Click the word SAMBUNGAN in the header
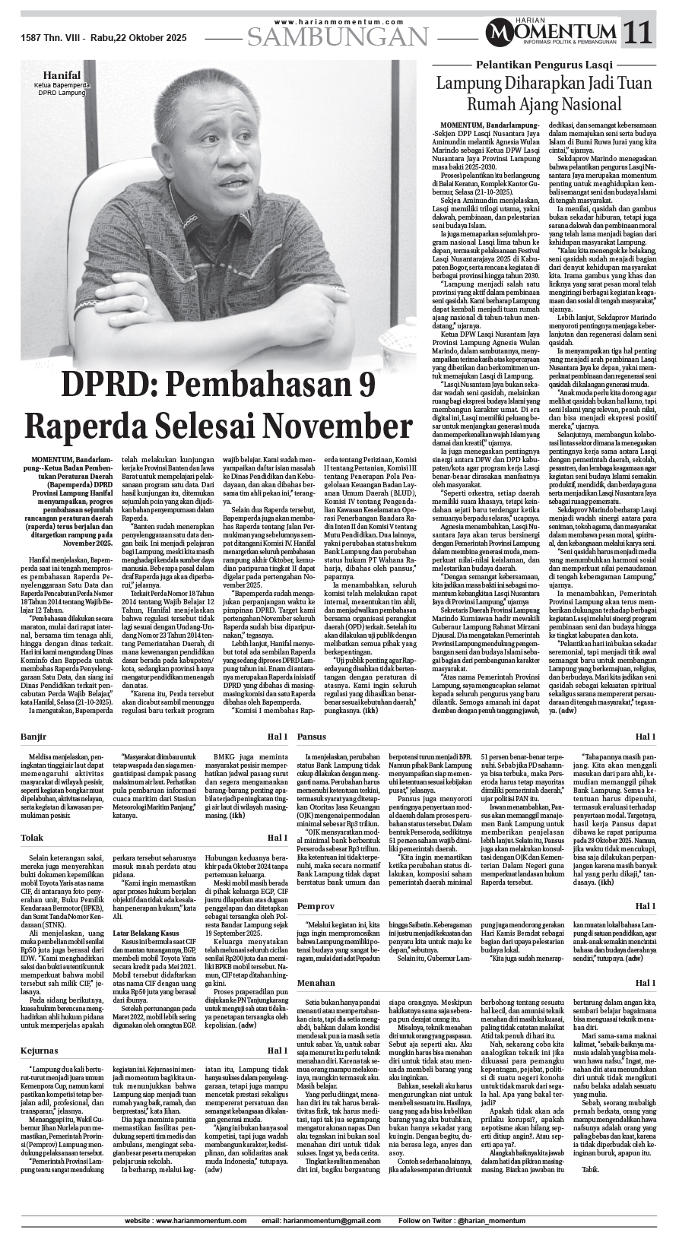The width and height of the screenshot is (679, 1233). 338,36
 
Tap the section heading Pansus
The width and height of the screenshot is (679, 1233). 312,737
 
